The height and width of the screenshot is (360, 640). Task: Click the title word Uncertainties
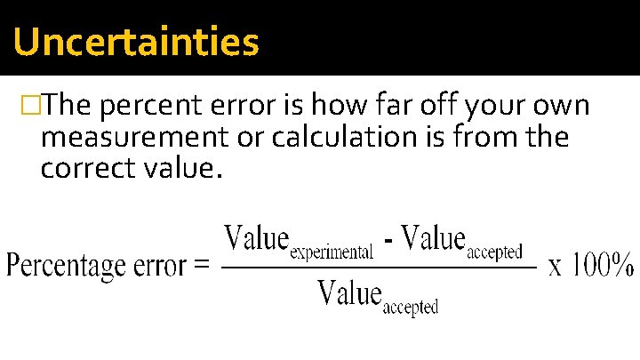136,42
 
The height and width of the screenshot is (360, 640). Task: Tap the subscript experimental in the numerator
332,252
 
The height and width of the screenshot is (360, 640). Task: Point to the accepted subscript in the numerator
494,252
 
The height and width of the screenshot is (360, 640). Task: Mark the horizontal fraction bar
378,266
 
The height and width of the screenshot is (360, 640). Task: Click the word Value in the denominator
348,292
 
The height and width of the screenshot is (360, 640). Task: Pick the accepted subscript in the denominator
410,307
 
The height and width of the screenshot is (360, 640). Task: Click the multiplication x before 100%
556,267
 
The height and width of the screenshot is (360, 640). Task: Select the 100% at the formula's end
604,265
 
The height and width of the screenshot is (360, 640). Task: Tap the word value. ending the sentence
181,167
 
